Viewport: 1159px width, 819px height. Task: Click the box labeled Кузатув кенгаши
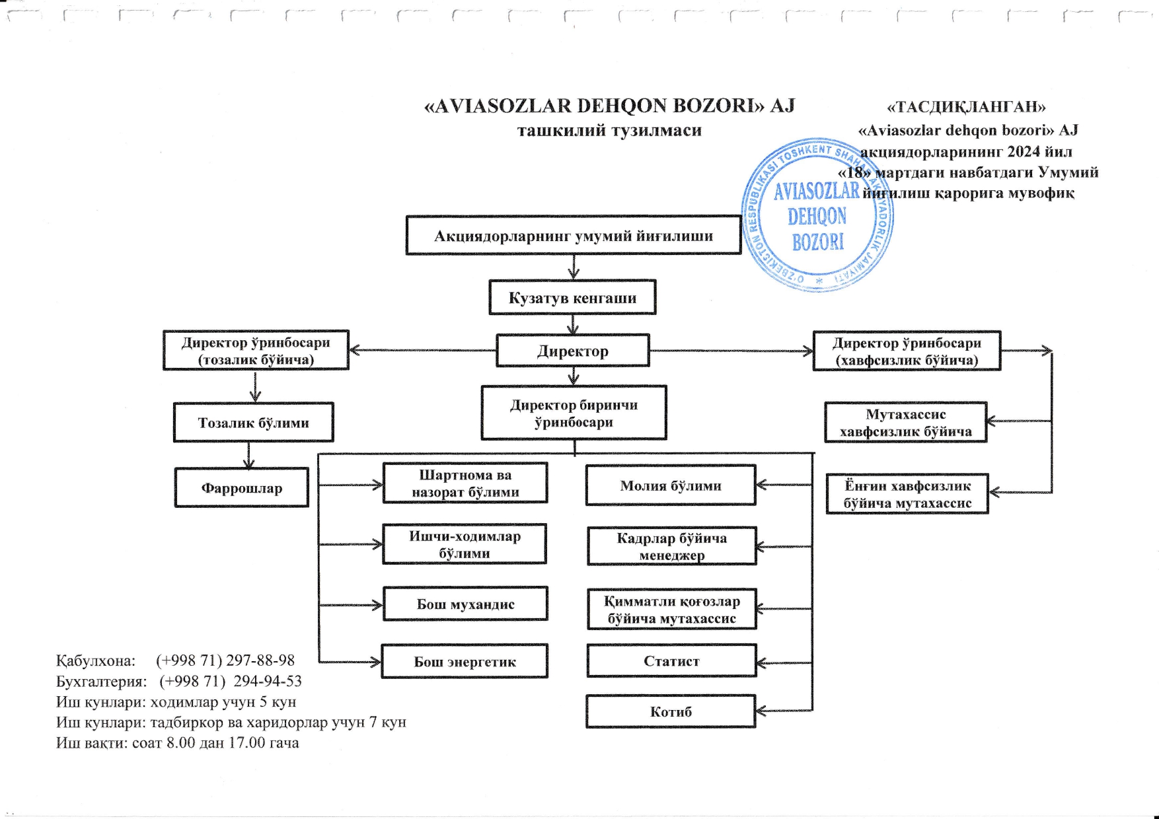coord(572,298)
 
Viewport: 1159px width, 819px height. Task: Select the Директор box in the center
coord(572,351)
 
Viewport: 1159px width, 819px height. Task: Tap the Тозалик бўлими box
coord(253,423)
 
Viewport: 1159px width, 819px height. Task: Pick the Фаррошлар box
coord(241,488)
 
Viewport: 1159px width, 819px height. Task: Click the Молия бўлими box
coord(670,485)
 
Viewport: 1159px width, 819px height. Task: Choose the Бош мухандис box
coord(465,604)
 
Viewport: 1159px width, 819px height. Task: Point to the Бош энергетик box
coord(465,662)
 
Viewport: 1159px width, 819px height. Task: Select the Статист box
coord(671,661)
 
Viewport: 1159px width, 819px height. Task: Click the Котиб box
coord(670,712)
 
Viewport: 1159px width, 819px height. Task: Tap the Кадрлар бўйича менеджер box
coord(671,546)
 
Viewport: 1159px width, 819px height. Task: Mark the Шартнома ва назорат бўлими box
coord(465,483)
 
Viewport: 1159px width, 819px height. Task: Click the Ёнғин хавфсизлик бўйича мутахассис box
coord(907,494)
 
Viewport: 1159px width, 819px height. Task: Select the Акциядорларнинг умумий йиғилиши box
coord(573,236)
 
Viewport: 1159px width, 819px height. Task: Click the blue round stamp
coord(817,216)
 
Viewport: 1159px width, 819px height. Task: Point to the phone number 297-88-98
coord(260,660)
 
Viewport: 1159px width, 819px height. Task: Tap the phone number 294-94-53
coord(268,681)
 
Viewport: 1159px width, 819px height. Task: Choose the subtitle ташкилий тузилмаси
coord(609,131)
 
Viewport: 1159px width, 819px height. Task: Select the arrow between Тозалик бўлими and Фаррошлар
coord(248,455)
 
